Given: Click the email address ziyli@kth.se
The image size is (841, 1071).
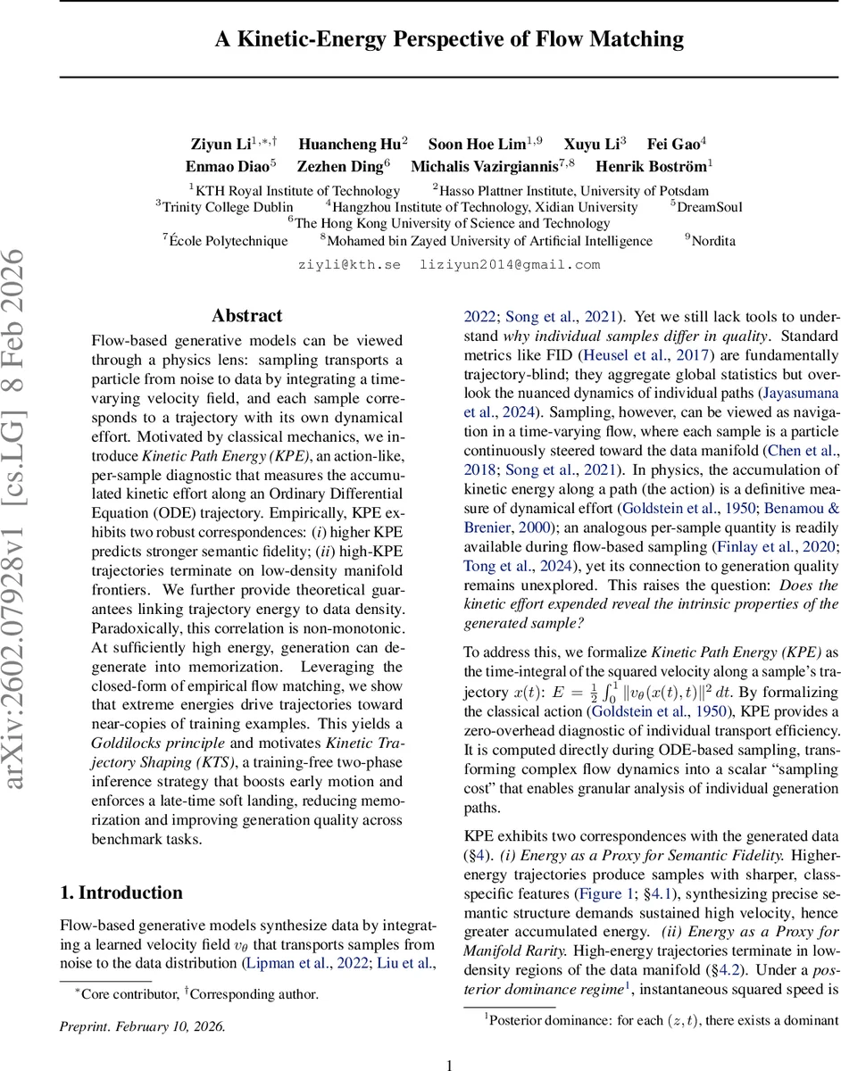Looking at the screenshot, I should coord(349,264).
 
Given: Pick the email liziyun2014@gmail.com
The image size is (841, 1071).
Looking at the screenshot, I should coord(510,264).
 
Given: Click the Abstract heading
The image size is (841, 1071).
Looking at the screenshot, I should coord(246,316).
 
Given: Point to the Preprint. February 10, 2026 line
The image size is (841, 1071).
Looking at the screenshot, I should coord(143,1026).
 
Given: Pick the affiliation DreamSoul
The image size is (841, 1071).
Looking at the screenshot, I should coord(710,206).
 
